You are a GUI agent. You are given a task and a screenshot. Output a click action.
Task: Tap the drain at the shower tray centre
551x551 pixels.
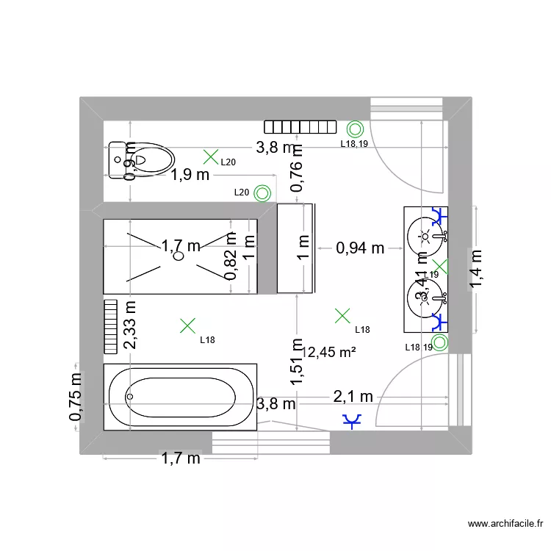click(x=177, y=256)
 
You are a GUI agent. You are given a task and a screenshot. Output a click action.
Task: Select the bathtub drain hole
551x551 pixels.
click(x=130, y=397)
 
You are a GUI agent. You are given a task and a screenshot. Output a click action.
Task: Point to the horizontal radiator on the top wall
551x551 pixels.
click(x=300, y=128)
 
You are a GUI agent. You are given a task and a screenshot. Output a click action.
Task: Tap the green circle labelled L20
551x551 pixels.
click(x=262, y=193)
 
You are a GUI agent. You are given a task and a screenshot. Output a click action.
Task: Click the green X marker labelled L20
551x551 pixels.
click(x=211, y=156)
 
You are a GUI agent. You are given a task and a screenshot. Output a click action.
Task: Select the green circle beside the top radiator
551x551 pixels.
click(x=355, y=129)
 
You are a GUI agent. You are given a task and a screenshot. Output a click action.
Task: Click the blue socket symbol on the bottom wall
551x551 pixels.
click(x=353, y=421)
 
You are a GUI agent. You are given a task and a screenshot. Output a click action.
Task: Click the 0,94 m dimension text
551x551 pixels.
click(x=360, y=248)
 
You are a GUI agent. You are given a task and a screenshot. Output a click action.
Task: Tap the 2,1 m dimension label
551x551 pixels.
click(x=353, y=397)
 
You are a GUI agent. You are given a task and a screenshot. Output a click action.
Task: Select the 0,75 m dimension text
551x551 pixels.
click(x=76, y=397)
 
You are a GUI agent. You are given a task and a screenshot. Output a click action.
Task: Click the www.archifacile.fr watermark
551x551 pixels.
click(x=505, y=524)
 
